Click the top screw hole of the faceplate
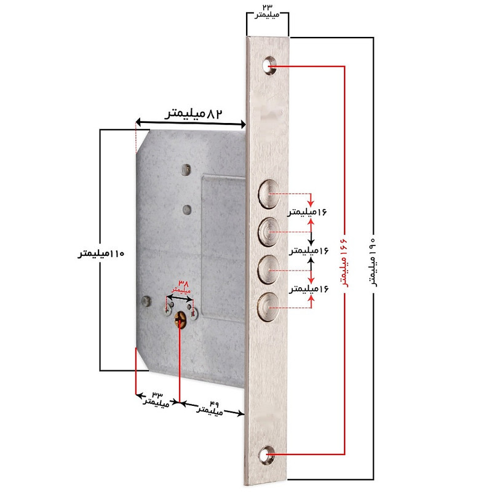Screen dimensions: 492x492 [x=269, y=66]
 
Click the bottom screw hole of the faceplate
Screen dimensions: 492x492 [x=268, y=454]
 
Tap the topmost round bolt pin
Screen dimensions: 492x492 [x=269, y=194]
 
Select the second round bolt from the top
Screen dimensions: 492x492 [x=269, y=232]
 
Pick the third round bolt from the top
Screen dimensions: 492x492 [x=269, y=270]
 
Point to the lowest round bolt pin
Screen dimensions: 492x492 [x=269, y=307]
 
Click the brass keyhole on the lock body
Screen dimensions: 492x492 [x=180, y=319]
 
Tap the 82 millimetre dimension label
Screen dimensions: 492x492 [x=194, y=114]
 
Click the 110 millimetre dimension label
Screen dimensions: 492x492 [x=101, y=253]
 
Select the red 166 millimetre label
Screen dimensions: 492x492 [x=344, y=262]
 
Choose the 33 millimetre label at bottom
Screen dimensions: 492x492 [x=157, y=399]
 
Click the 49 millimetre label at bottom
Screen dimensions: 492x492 [x=210, y=407]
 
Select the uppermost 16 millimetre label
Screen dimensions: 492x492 [x=307, y=212]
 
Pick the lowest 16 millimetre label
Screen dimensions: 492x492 [x=309, y=288]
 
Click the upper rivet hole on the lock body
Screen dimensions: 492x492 [x=186, y=170]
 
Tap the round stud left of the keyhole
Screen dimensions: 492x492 [x=146, y=301]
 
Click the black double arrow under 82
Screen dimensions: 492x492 [x=191, y=123]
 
